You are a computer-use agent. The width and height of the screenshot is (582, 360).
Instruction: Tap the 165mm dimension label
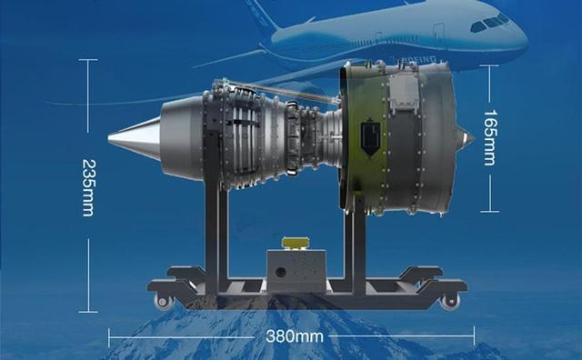489,137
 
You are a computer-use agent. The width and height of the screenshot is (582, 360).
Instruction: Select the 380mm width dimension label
295,336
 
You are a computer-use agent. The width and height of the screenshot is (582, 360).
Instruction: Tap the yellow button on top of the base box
296,243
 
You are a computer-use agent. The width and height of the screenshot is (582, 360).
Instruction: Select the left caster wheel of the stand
164,301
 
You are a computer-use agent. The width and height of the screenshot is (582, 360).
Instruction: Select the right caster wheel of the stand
450,301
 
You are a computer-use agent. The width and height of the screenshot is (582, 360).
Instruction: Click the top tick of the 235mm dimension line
88,61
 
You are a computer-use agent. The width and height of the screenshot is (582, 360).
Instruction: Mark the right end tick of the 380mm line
474,336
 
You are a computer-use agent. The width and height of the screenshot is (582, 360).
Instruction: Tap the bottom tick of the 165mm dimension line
489,211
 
